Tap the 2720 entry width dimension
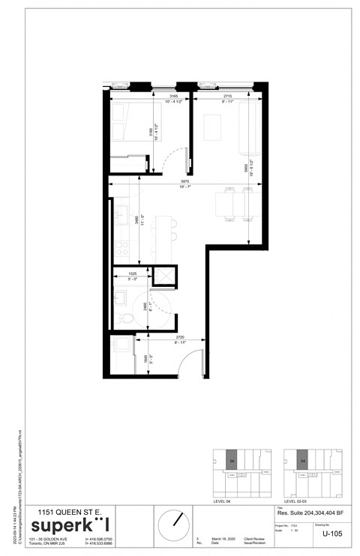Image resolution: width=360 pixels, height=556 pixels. coord(181,339)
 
